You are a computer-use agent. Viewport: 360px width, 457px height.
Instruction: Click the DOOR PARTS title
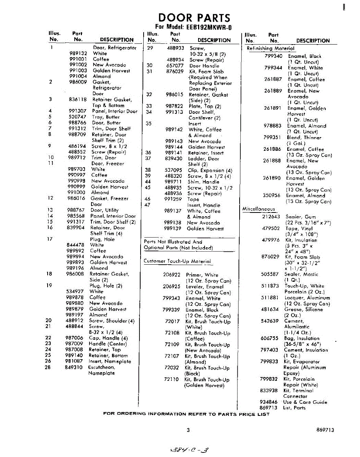(x=194, y=18)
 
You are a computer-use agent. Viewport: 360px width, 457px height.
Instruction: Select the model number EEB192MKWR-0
(x=209, y=27)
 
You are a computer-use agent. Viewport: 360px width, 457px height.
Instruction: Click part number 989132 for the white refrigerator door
(x=78, y=54)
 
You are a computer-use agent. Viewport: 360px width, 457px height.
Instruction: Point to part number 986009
(x=78, y=82)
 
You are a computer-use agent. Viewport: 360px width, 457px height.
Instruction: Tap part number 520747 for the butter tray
(x=78, y=117)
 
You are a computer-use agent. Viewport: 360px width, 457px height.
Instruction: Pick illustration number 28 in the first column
(x=48, y=368)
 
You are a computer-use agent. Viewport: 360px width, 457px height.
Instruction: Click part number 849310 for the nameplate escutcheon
(x=74, y=368)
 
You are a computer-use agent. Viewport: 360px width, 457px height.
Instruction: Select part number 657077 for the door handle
(x=175, y=66)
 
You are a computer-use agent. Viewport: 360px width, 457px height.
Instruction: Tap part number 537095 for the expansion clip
(x=174, y=170)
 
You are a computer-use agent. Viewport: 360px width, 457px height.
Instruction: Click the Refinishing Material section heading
(x=270, y=48)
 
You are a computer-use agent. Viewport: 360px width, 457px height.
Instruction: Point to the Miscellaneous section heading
(x=259, y=209)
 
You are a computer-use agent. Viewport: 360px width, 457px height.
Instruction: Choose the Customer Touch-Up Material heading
(x=177, y=261)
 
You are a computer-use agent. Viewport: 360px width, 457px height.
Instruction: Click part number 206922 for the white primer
(x=171, y=275)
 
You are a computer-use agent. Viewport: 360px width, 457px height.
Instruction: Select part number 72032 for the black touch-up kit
(x=172, y=368)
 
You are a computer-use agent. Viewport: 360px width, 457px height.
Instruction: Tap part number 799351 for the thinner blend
(x=273, y=137)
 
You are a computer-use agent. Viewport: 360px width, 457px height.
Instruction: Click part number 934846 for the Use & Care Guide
(x=269, y=402)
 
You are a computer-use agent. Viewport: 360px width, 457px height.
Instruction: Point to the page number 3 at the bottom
(x=188, y=430)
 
